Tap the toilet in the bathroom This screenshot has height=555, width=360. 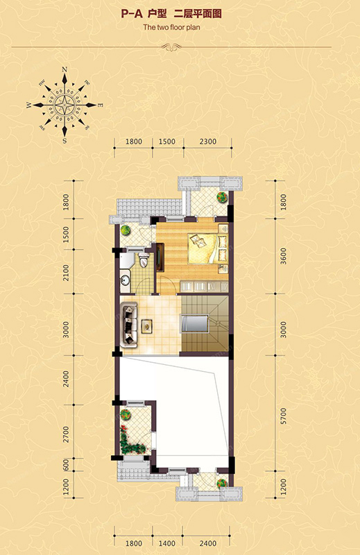pyautogui.click(x=144, y=260)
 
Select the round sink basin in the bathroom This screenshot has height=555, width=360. pyautogui.click(x=125, y=280)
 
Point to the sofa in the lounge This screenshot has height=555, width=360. pyautogui.click(x=130, y=325)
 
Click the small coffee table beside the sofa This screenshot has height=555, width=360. pyautogui.click(x=146, y=325)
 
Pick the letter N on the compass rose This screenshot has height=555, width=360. pyautogui.click(x=65, y=69)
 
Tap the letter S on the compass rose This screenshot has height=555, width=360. pyautogui.click(x=65, y=141)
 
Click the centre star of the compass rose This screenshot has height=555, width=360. pyautogui.click(x=65, y=105)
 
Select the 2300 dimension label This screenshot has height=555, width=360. pyautogui.click(x=208, y=142)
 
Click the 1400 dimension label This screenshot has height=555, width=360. pyautogui.click(x=166, y=543)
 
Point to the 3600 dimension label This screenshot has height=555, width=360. pyautogui.click(x=283, y=256)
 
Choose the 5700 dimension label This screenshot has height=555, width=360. pyautogui.click(x=283, y=417)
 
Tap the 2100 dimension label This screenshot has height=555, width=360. pyautogui.click(x=66, y=273)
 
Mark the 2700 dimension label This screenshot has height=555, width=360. pyautogui.click(x=66, y=434)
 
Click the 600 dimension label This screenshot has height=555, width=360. pyautogui.click(x=66, y=465)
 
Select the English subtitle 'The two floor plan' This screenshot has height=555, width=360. pyautogui.click(x=171, y=27)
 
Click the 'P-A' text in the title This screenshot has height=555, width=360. pyautogui.click(x=131, y=14)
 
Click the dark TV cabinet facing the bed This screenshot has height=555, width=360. pyautogui.click(x=160, y=257)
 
